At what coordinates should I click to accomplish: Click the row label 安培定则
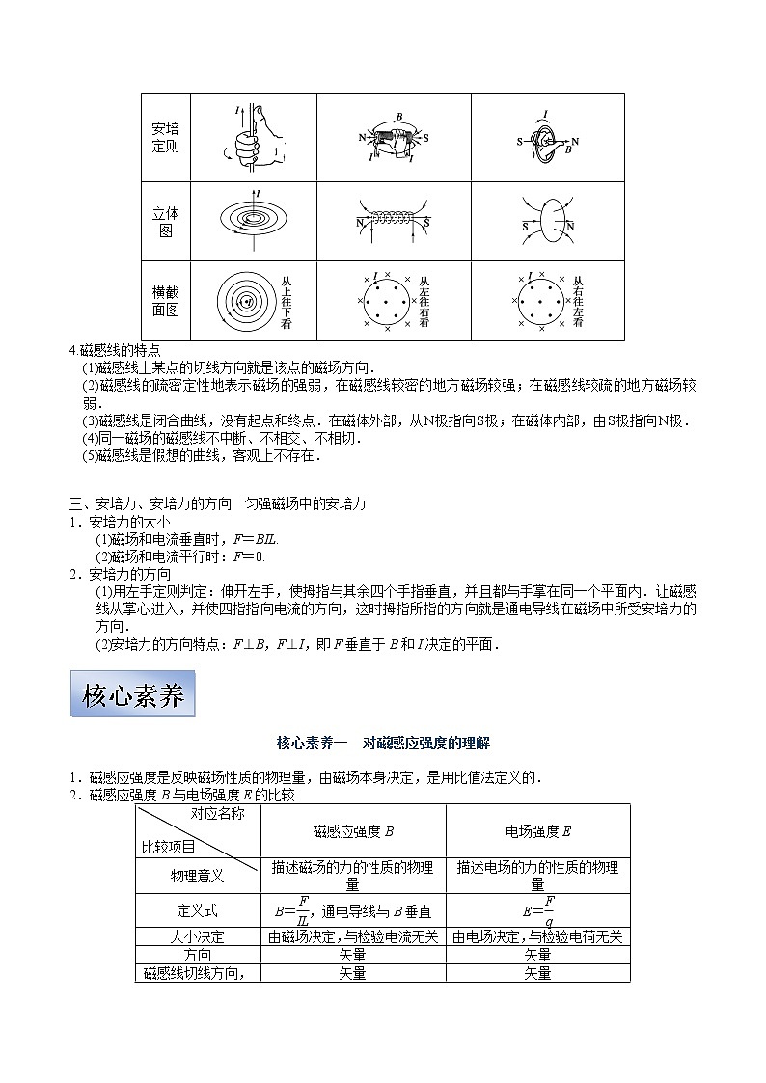[166, 137]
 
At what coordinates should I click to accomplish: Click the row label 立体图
[166, 222]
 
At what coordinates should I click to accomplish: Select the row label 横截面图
[166, 301]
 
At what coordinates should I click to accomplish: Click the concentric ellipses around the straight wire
[254, 218]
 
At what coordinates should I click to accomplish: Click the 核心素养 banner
[133, 694]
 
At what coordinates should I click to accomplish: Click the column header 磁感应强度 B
[353, 830]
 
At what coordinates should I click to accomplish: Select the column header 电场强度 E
[538, 830]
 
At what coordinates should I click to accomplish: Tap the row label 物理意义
[198, 876]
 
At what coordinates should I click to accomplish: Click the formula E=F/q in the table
[538, 909]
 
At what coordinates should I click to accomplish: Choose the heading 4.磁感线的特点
[120, 350]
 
